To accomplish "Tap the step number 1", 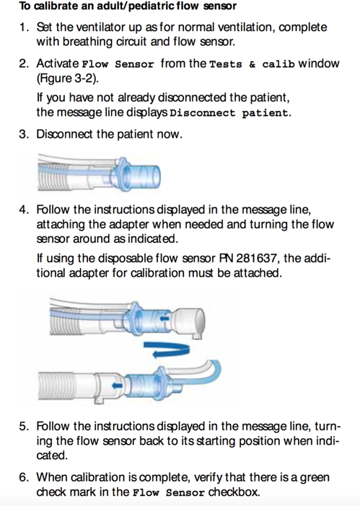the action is tap(23, 27).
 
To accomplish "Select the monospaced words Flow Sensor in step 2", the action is tap(118, 64).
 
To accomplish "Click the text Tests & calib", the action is tap(253, 64).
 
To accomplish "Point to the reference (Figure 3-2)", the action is tap(68, 79).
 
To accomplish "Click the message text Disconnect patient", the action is tap(230, 113).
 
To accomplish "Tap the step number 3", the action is tap(24, 134).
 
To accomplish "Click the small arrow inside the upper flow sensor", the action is tap(164, 319).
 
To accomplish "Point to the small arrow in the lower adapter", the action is tap(117, 385).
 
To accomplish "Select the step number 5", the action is tap(24, 426).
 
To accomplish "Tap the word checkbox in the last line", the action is tap(234, 492).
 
